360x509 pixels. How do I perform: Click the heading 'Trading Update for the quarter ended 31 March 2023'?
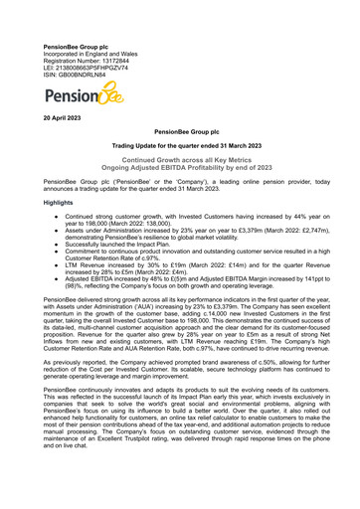coord(179,144)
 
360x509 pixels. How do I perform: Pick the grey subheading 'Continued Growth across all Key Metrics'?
coord(179,158)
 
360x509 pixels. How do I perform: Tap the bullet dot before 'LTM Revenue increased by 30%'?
coord(52,266)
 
